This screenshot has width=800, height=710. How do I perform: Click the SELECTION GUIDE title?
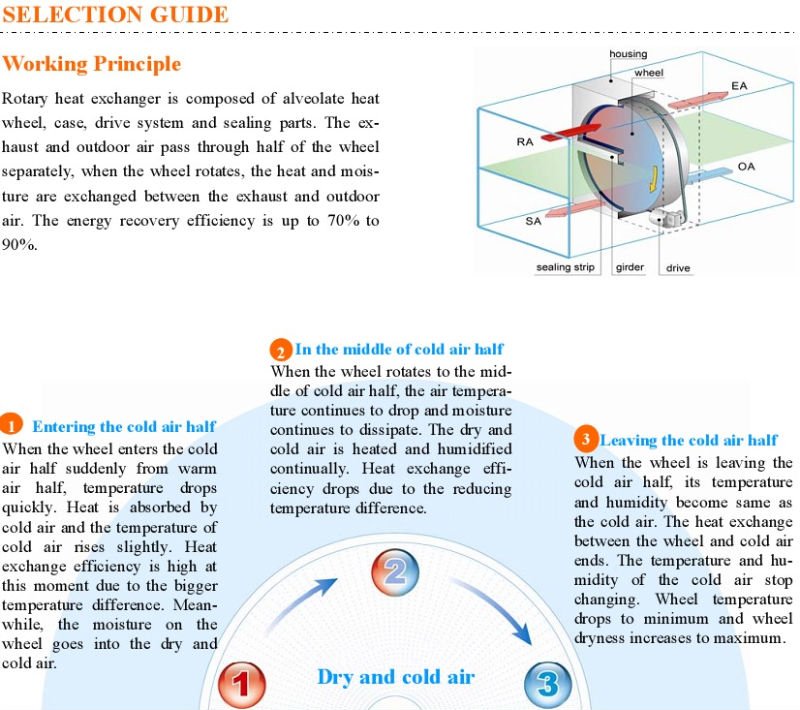115,15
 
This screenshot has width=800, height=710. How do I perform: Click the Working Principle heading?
92,64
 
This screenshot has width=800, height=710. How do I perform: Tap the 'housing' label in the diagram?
628,53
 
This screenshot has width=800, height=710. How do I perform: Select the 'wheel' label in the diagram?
648,73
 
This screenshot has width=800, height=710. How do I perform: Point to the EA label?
739,87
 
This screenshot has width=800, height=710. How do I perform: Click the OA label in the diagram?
746,166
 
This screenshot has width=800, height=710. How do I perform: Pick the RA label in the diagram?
525,142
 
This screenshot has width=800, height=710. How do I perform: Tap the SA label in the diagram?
533,221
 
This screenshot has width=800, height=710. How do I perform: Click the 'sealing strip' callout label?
565,268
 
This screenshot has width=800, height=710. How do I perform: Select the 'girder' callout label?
630,268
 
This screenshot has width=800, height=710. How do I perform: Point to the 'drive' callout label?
678,268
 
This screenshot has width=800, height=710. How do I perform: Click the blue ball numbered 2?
395,572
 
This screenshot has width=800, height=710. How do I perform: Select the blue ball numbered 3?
547,685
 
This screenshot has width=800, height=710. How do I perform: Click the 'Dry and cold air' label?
396,677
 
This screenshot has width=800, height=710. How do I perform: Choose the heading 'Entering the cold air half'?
124,427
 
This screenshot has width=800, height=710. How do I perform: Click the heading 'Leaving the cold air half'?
688,440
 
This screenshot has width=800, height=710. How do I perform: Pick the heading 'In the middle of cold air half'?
399,349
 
